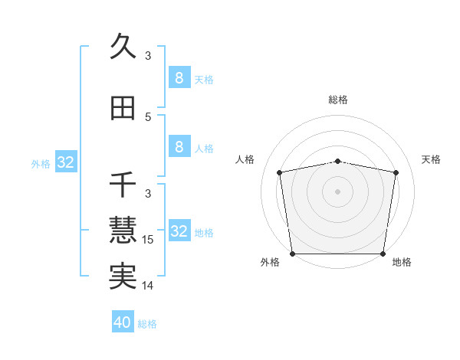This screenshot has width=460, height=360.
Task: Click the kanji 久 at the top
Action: pos(123,46)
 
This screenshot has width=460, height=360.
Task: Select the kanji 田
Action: pos(123,109)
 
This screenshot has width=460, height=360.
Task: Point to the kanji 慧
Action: pos(123,230)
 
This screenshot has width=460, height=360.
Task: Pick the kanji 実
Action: pos(123,276)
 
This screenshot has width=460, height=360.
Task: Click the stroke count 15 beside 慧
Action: pos(149,240)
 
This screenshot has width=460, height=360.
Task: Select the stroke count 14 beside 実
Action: pos(149,286)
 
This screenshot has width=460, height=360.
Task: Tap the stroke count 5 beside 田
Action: pos(148,117)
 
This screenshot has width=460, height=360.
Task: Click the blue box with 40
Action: pos(123,322)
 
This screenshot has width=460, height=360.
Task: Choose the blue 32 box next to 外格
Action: pos(65,162)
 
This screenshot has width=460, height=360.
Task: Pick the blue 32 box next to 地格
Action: pos(179,231)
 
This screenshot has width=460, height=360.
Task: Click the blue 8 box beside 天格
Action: pos(179,78)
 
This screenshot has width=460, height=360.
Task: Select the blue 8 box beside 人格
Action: pos(179,148)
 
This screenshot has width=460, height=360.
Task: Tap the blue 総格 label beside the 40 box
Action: pos(147,324)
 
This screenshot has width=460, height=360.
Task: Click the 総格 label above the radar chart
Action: pos(338,100)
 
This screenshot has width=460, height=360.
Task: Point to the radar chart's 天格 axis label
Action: pos(431,159)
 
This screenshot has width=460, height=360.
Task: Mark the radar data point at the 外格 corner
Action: pos(292,254)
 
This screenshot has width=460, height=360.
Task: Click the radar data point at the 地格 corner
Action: pos(383,254)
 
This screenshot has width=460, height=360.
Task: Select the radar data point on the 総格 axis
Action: pos(338,161)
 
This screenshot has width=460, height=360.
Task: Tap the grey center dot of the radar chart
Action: pos(338,191)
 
